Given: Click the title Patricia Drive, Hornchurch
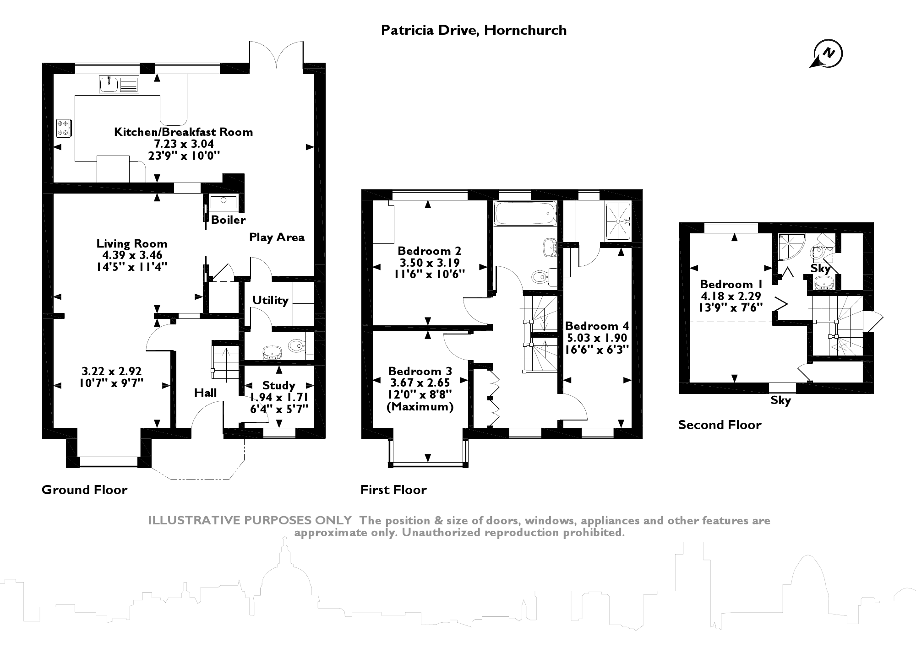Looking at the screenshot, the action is [x=474, y=30].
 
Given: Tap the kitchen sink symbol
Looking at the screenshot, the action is [x=119, y=85].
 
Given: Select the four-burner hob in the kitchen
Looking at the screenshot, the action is [x=63, y=128].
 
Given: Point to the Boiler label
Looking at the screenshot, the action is [x=228, y=220].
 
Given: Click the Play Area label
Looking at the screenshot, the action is [x=277, y=237].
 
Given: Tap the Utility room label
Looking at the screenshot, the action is [x=270, y=301].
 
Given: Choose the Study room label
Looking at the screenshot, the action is [x=278, y=385].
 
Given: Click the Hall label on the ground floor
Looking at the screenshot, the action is [x=205, y=393].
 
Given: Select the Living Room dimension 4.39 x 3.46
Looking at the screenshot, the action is [x=132, y=255].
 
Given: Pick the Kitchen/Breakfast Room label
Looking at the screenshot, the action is [x=183, y=132].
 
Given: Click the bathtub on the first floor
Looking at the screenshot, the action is [x=525, y=213].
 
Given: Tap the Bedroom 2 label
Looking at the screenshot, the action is [x=429, y=251].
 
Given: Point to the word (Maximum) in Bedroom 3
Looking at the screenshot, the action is [x=420, y=407].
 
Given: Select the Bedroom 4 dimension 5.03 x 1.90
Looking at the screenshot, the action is [x=597, y=338].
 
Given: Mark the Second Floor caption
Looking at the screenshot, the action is [x=720, y=425].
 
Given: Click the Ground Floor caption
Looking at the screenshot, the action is [x=84, y=490].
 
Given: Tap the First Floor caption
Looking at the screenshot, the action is [x=393, y=490].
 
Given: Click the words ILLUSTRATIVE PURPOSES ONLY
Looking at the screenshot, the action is [x=250, y=521].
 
